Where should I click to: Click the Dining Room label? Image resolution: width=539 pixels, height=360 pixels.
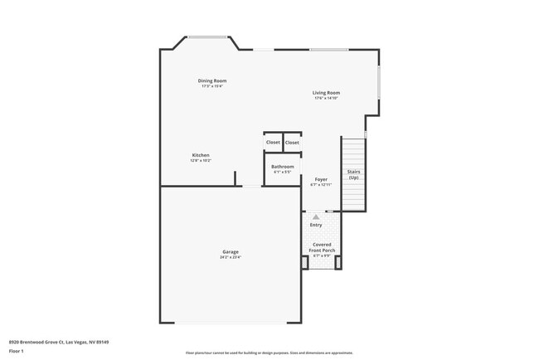point(212,80)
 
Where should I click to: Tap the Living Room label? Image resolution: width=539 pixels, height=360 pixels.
point(326,93)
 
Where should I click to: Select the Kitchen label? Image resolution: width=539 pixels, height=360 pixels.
point(201,155)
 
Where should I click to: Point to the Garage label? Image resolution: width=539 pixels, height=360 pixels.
point(231,251)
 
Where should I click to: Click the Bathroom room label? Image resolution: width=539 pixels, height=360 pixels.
point(283,167)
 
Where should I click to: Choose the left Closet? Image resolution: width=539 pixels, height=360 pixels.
point(273,142)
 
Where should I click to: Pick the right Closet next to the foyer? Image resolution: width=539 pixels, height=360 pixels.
point(292,142)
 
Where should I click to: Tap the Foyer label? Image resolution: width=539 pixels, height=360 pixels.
point(320,179)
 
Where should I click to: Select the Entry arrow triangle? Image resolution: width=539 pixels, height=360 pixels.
point(316,216)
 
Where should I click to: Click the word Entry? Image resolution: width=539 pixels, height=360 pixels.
point(316,225)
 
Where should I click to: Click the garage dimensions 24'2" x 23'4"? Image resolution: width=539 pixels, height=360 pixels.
point(231,257)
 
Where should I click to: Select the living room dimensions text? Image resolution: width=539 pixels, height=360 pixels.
point(326,99)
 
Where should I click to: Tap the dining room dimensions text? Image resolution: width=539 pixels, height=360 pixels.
point(212,86)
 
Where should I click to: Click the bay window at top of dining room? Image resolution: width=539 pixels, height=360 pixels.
point(208,36)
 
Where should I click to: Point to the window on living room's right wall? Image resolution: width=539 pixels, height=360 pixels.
point(379,86)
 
